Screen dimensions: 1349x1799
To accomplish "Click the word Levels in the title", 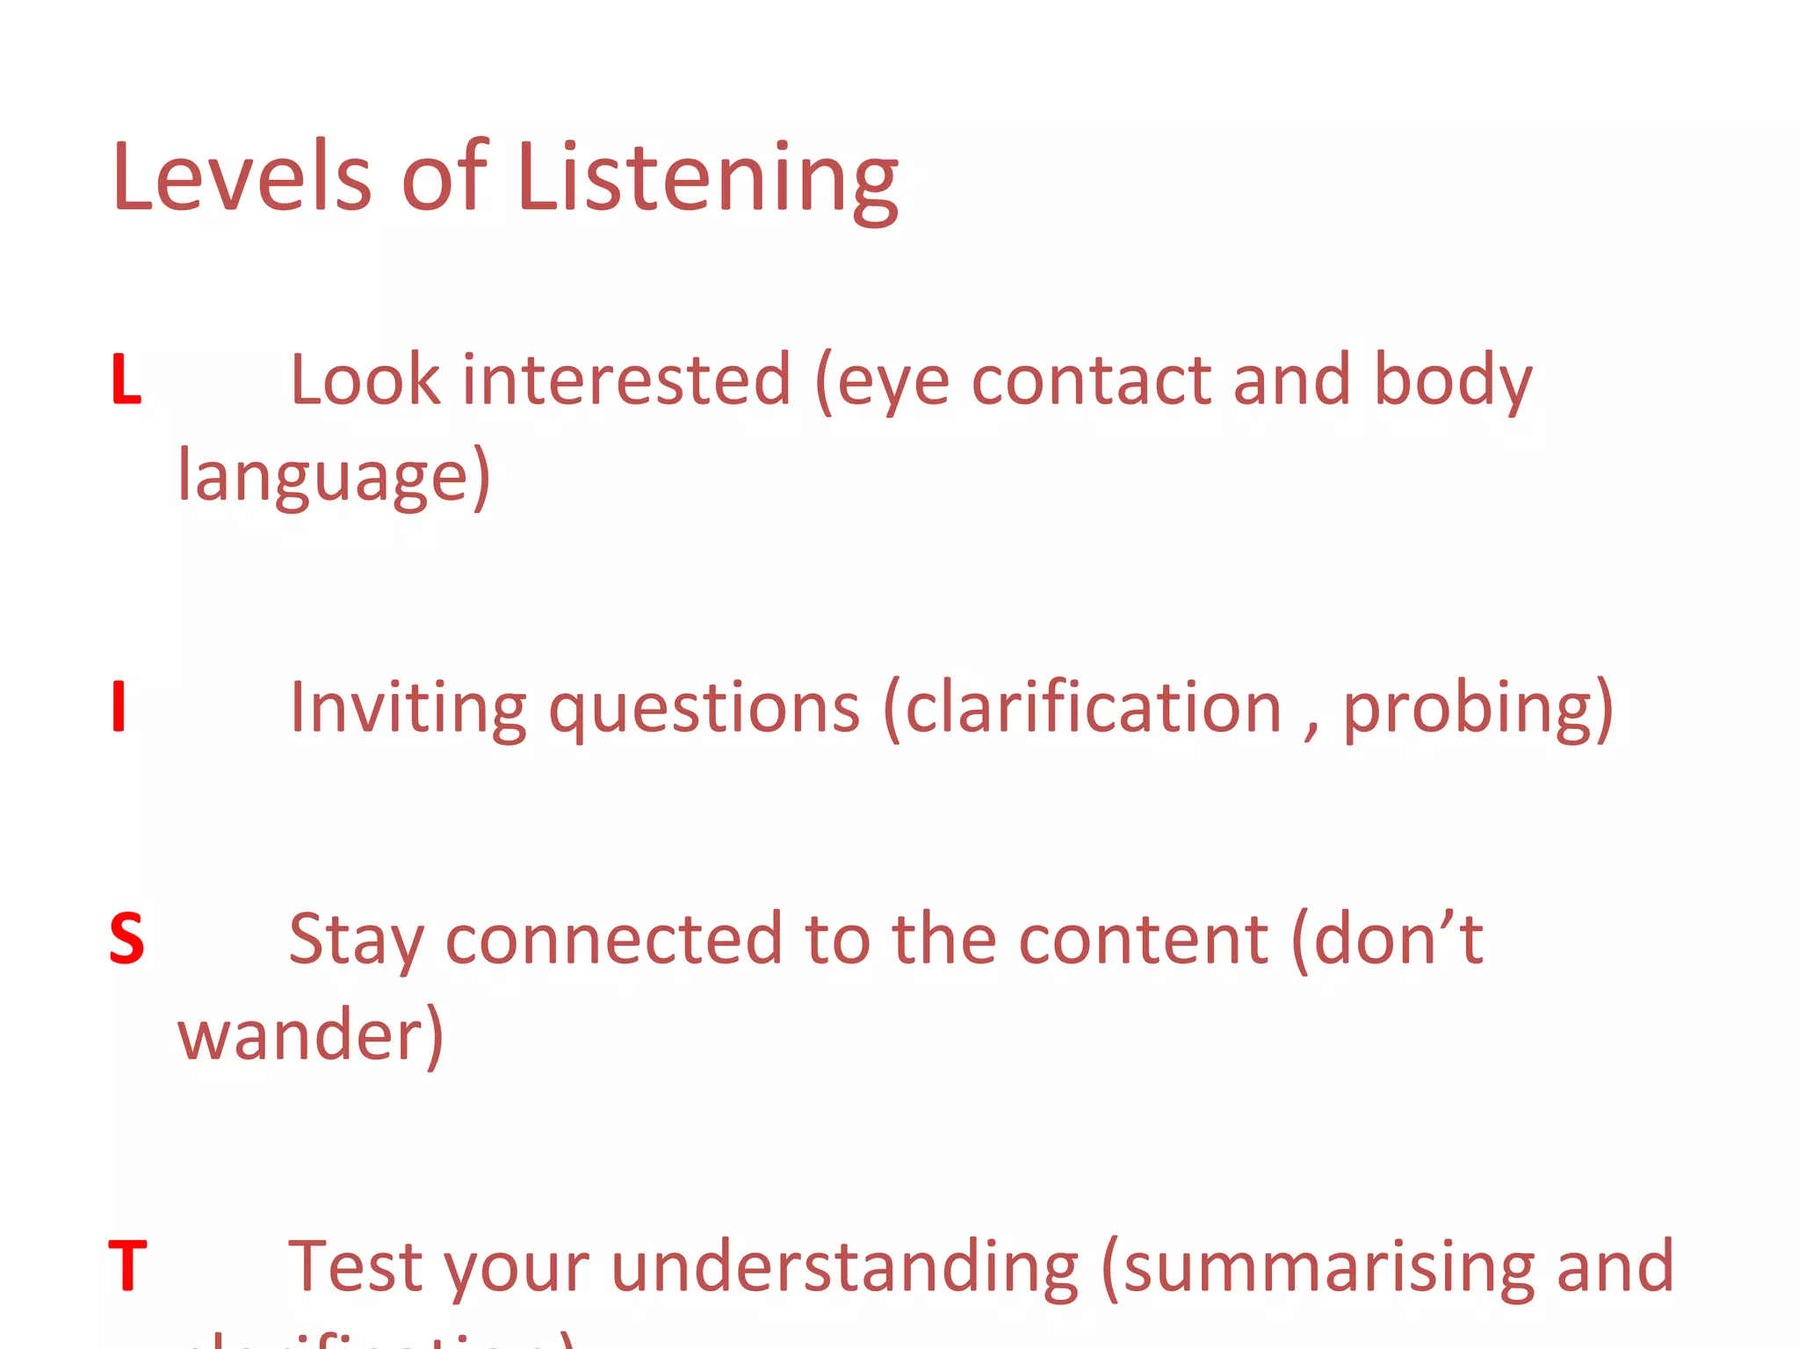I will tap(242, 177).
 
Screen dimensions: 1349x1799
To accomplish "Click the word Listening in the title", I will tap(707, 180).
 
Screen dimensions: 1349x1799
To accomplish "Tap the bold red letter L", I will tap(126, 380).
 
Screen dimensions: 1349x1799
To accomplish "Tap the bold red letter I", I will tap(119, 707).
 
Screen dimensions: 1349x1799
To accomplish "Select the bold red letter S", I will tap(126, 939).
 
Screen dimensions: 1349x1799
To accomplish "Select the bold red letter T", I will tap(127, 1266).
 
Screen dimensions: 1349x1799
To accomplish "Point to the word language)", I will tap(334, 477).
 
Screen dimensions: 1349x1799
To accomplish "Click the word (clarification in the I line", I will tap(1082, 708).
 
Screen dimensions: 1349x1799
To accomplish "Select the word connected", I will tap(613, 940).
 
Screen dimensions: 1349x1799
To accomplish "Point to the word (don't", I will tap(1387, 938).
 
